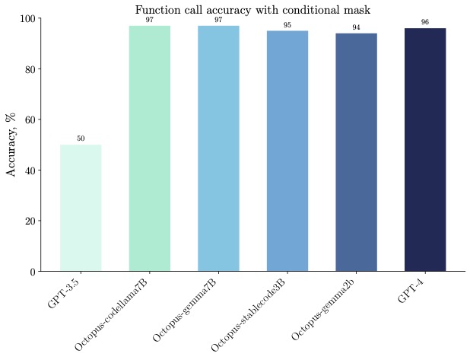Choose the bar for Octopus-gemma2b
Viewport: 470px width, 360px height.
pyautogui.click(x=356, y=152)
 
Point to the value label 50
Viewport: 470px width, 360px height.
pyautogui.click(x=81, y=139)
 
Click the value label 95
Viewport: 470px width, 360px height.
pyautogui.click(x=287, y=25)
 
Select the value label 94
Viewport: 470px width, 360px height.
pyautogui.click(x=356, y=27)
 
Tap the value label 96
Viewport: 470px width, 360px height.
pyautogui.click(x=424, y=22)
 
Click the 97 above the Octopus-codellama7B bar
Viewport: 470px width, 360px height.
pyautogui.click(x=149, y=20)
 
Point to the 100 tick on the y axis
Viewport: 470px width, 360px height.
pyautogui.click(x=27, y=18)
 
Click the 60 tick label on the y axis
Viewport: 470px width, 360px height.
pyautogui.click(x=29, y=119)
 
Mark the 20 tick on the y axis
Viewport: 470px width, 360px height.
pyautogui.click(x=29, y=221)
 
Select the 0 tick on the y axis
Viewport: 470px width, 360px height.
pyautogui.click(x=32, y=272)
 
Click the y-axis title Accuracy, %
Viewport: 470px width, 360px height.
pyautogui.click(x=12, y=145)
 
